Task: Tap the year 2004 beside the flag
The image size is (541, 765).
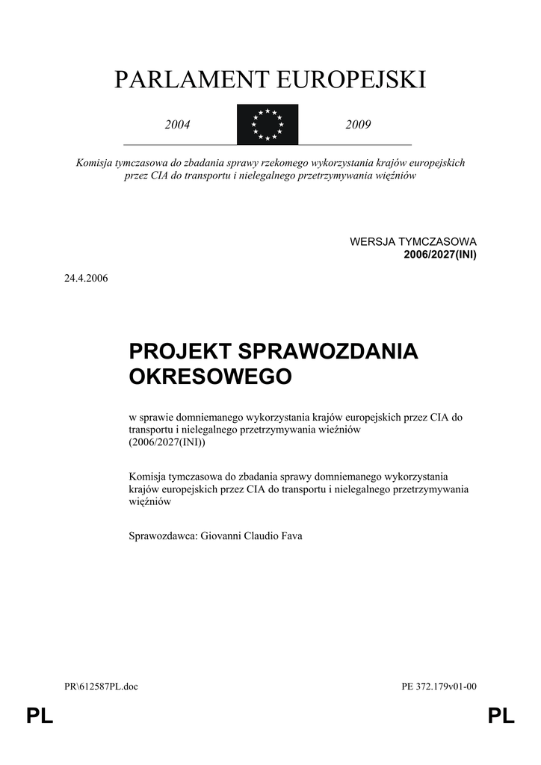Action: (x=178, y=125)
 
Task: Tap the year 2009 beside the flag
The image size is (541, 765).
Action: (x=358, y=125)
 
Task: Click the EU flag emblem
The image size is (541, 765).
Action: (x=268, y=125)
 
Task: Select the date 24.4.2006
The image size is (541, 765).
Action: (x=87, y=278)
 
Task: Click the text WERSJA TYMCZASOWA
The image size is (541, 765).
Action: (x=412, y=242)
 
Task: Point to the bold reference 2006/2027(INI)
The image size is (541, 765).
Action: (x=439, y=254)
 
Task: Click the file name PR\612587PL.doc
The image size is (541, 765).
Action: (x=101, y=687)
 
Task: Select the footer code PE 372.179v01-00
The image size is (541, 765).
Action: (x=439, y=687)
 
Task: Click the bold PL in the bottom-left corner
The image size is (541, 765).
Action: (x=40, y=717)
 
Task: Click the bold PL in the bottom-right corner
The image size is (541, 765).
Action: (x=501, y=717)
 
